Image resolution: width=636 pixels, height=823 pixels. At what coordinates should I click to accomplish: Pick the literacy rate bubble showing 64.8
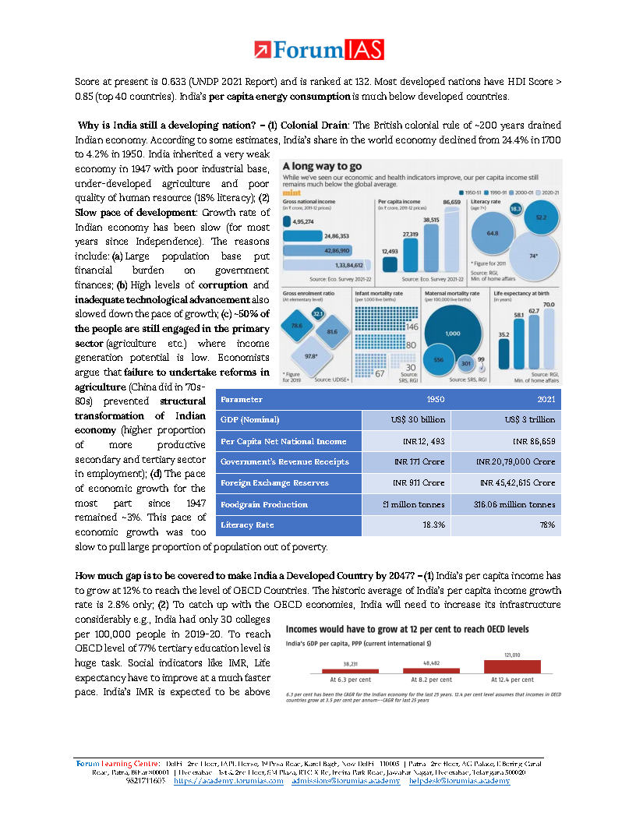tap(493, 232)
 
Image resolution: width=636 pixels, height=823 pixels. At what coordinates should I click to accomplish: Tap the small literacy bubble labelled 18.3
tap(515, 209)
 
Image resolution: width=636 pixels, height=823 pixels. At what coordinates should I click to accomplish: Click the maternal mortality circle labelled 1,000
tap(453, 331)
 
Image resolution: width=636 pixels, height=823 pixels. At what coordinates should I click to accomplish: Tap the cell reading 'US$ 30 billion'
tap(406, 420)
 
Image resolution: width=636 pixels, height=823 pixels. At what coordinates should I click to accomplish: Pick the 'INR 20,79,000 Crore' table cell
tap(516, 462)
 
